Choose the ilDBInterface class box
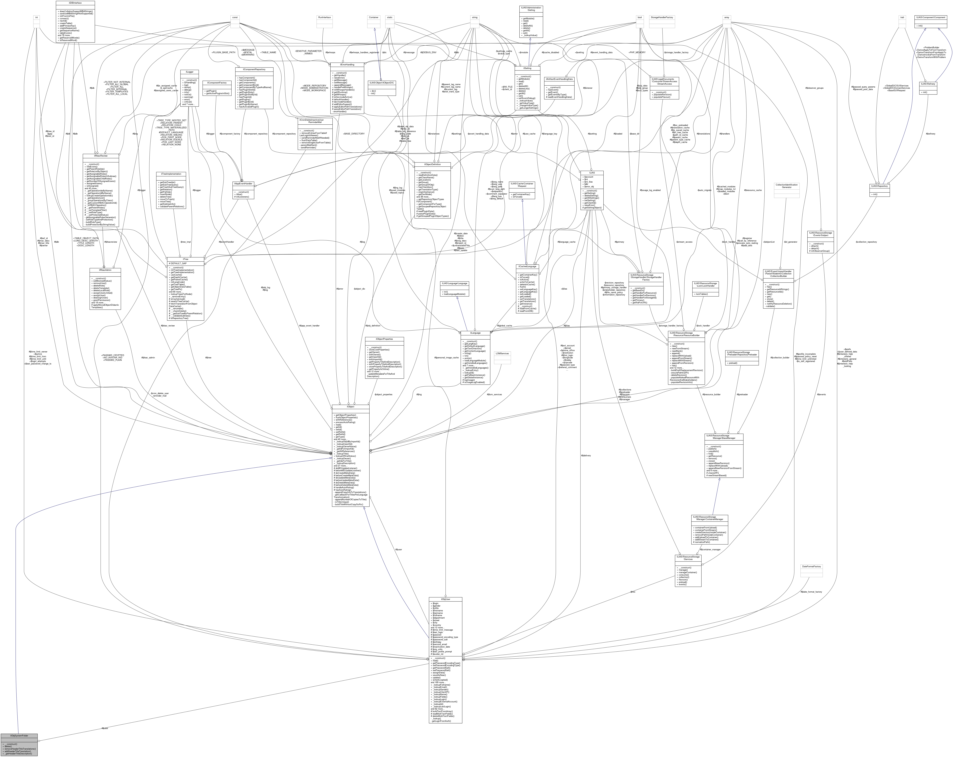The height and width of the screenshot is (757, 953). click(75, 21)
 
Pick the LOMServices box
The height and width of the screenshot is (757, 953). click(502, 357)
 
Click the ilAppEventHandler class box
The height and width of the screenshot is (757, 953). click(243, 190)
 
